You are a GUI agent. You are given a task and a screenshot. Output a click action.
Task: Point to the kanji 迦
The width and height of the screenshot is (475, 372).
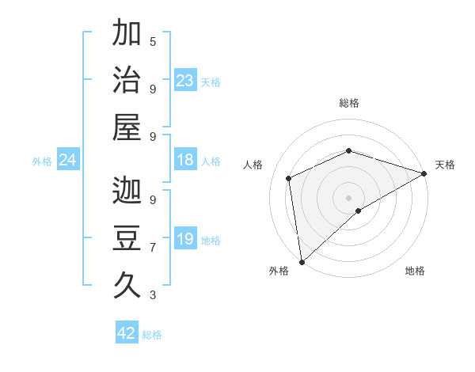click(127, 191)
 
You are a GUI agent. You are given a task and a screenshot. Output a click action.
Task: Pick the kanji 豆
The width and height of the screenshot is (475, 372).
click(127, 238)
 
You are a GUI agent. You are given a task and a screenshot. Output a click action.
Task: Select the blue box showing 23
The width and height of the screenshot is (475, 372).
click(184, 81)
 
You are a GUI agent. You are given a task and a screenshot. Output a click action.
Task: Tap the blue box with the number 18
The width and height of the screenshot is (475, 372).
click(184, 160)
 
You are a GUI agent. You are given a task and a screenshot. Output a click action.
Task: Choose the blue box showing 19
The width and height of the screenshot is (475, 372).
click(184, 239)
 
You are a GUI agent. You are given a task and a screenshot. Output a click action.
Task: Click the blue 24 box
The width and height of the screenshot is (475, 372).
click(68, 161)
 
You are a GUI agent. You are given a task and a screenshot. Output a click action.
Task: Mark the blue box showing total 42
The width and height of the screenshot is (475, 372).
click(127, 333)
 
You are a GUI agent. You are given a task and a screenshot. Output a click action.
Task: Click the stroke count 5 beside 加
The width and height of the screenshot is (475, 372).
click(153, 41)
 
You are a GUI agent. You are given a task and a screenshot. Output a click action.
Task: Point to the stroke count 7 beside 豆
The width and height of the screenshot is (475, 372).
click(153, 248)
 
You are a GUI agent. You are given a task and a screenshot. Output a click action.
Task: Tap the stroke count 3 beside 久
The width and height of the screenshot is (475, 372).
click(153, 295)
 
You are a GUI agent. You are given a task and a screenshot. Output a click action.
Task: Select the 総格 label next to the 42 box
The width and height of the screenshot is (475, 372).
click(152, 335)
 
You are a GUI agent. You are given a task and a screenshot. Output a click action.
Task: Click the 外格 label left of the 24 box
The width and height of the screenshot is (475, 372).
click(42, 161)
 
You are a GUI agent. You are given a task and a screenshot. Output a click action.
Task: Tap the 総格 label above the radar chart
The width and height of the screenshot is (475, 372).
click(349, 103)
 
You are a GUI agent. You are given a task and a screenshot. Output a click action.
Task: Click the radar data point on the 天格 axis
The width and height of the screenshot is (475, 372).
click(424, 174)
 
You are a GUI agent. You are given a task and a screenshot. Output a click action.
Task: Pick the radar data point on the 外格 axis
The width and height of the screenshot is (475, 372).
click(302, 261)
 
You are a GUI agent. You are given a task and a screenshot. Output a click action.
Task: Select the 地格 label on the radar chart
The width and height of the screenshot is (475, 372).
click(415, 271)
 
